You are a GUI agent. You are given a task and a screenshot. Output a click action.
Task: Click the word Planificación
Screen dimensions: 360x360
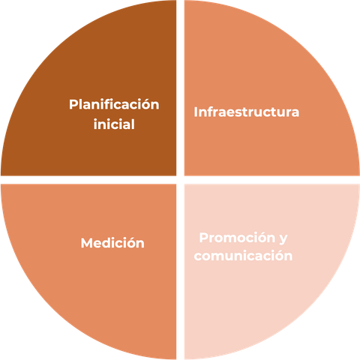tap(114, 104)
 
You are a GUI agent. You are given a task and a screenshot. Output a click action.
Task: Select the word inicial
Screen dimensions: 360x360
tap(114, 124)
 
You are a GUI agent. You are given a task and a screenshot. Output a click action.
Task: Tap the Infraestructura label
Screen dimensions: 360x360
tap(247, 112)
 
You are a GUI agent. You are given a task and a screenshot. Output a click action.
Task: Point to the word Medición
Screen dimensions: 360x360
tap(112, 243)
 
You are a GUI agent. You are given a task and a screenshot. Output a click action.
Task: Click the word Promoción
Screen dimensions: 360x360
tap(237, 238)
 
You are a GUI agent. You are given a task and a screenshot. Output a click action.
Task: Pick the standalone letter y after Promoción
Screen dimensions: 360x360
tap(283, 239)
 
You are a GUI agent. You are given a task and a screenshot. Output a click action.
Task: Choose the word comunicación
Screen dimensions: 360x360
tap(243, 256)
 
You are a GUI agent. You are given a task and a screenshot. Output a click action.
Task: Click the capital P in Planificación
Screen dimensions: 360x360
tap(73, 104)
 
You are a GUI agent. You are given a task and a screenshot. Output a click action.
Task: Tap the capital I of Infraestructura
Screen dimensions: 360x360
tap(196, 112)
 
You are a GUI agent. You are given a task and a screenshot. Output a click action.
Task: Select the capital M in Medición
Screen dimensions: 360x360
tap(86, 243)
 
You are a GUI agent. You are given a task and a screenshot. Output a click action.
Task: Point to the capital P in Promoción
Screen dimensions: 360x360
tap(204, 238)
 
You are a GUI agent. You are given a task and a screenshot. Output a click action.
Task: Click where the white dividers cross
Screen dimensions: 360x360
tap(180, 180)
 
